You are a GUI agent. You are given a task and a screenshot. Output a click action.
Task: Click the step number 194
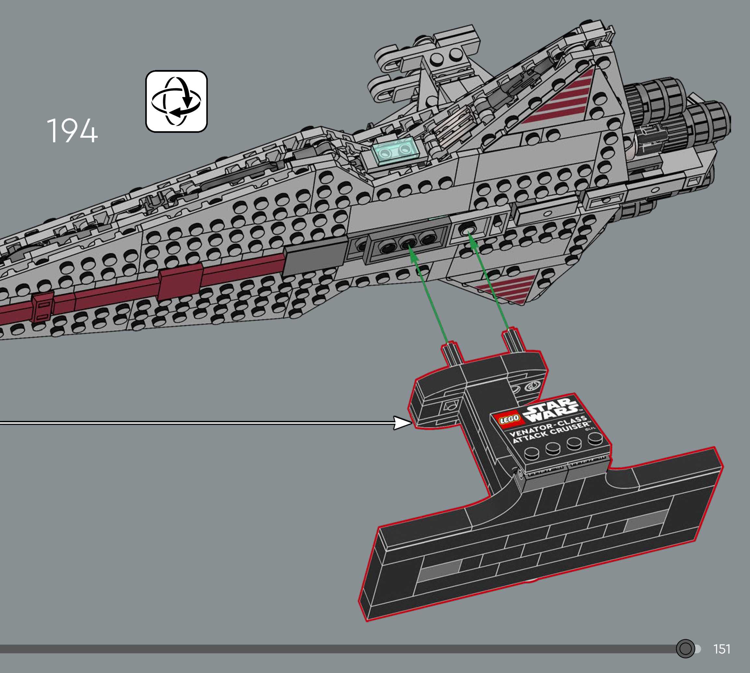72,131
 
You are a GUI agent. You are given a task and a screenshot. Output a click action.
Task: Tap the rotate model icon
177,101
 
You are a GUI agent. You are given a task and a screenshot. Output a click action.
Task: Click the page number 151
722,649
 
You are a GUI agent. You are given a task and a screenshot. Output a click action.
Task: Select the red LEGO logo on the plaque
509,419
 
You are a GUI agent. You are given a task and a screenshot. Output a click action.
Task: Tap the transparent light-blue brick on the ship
395,151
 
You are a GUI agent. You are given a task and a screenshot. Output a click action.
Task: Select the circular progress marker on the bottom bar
685,649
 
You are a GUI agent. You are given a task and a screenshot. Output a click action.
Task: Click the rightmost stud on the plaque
595,439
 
